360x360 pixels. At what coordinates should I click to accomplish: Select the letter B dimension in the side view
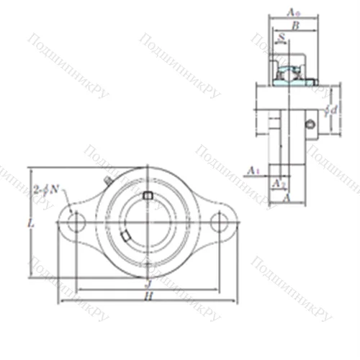click(294, 25)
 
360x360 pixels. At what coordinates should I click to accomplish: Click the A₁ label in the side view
click(253, 170)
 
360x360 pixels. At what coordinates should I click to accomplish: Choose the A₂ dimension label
click(278, 184)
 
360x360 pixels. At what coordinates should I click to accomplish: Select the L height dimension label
click(30, 224)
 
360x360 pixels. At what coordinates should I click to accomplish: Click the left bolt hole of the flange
click(74, 224)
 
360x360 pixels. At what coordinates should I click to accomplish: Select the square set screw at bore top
click(147, 196)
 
